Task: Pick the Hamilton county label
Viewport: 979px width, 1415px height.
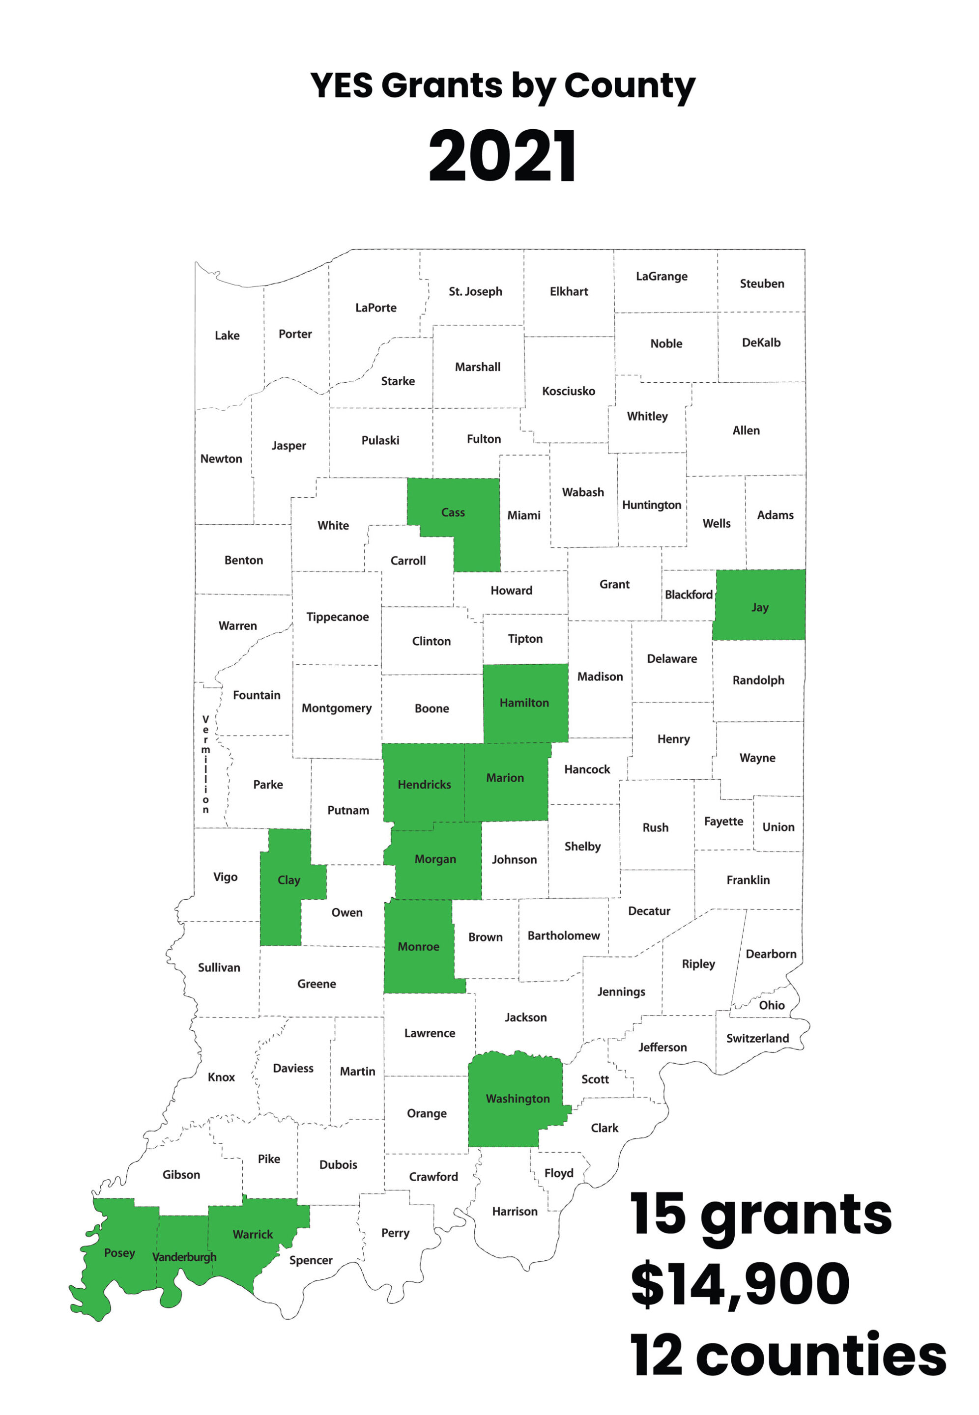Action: (x=524, y=703)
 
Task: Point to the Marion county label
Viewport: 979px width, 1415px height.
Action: (x=505, y=777)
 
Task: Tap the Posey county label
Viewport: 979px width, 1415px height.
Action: (x=119, y=1252)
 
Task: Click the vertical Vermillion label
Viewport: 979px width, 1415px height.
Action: (x=205, y=764)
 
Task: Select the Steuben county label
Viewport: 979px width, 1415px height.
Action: (x=761, y=283)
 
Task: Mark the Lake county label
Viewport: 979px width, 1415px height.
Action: (x=227, y=336)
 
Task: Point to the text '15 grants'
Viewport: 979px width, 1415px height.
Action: (x=761, y=1215)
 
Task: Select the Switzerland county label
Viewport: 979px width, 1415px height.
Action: (x=757, y=1038)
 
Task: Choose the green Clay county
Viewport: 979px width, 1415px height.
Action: (x=288, y=880)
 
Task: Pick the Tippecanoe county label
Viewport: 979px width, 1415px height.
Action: (x=337, y=617)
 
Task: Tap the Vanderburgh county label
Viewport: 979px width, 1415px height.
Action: (x=184, y=1257)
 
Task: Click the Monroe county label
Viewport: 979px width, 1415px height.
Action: (x=418, y=947)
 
